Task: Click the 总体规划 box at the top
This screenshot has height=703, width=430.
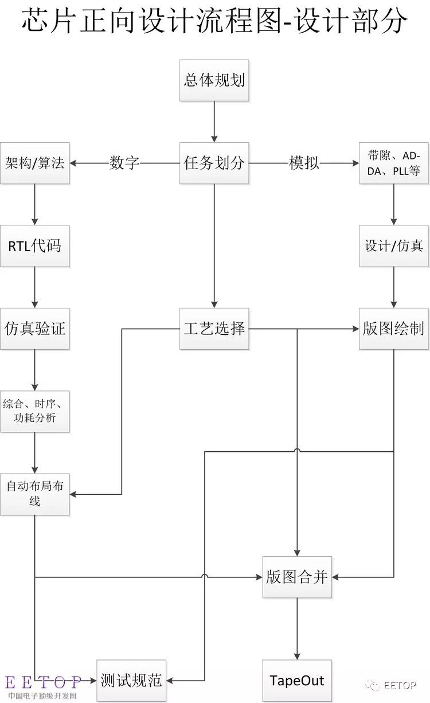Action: (x=214, y=80)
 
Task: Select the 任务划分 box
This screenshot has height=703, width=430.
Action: (x=214, y=163)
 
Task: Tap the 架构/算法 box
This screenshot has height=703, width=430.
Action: (x=34, y=163)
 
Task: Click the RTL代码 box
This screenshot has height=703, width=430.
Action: (x=34, y=246)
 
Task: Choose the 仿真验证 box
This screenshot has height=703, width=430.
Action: (x=34, y=329)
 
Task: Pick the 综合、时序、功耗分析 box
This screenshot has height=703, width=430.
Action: (x=34, y=411)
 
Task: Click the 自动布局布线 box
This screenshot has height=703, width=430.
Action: (x=34, y=494)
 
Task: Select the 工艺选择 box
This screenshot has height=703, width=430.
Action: (x=214, y=329)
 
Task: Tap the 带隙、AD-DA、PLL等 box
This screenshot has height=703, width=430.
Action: (x=394, y=163)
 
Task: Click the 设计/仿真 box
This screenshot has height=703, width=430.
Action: (x=394, y=246)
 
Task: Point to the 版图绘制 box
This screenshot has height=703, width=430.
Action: (x=394, y=329)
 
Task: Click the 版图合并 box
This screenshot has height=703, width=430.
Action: (x=297, y=577)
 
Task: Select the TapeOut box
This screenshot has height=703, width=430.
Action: (x=297, y=681)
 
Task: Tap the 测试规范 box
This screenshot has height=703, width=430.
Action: (x=131, y=681)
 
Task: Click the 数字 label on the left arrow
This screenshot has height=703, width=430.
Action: (x=124, y=163)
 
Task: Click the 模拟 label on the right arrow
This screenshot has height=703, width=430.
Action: (x=304, y=163)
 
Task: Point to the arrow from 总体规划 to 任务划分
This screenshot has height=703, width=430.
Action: (x=214, y=122)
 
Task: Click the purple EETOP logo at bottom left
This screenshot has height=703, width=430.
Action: (x=43, y=682)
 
